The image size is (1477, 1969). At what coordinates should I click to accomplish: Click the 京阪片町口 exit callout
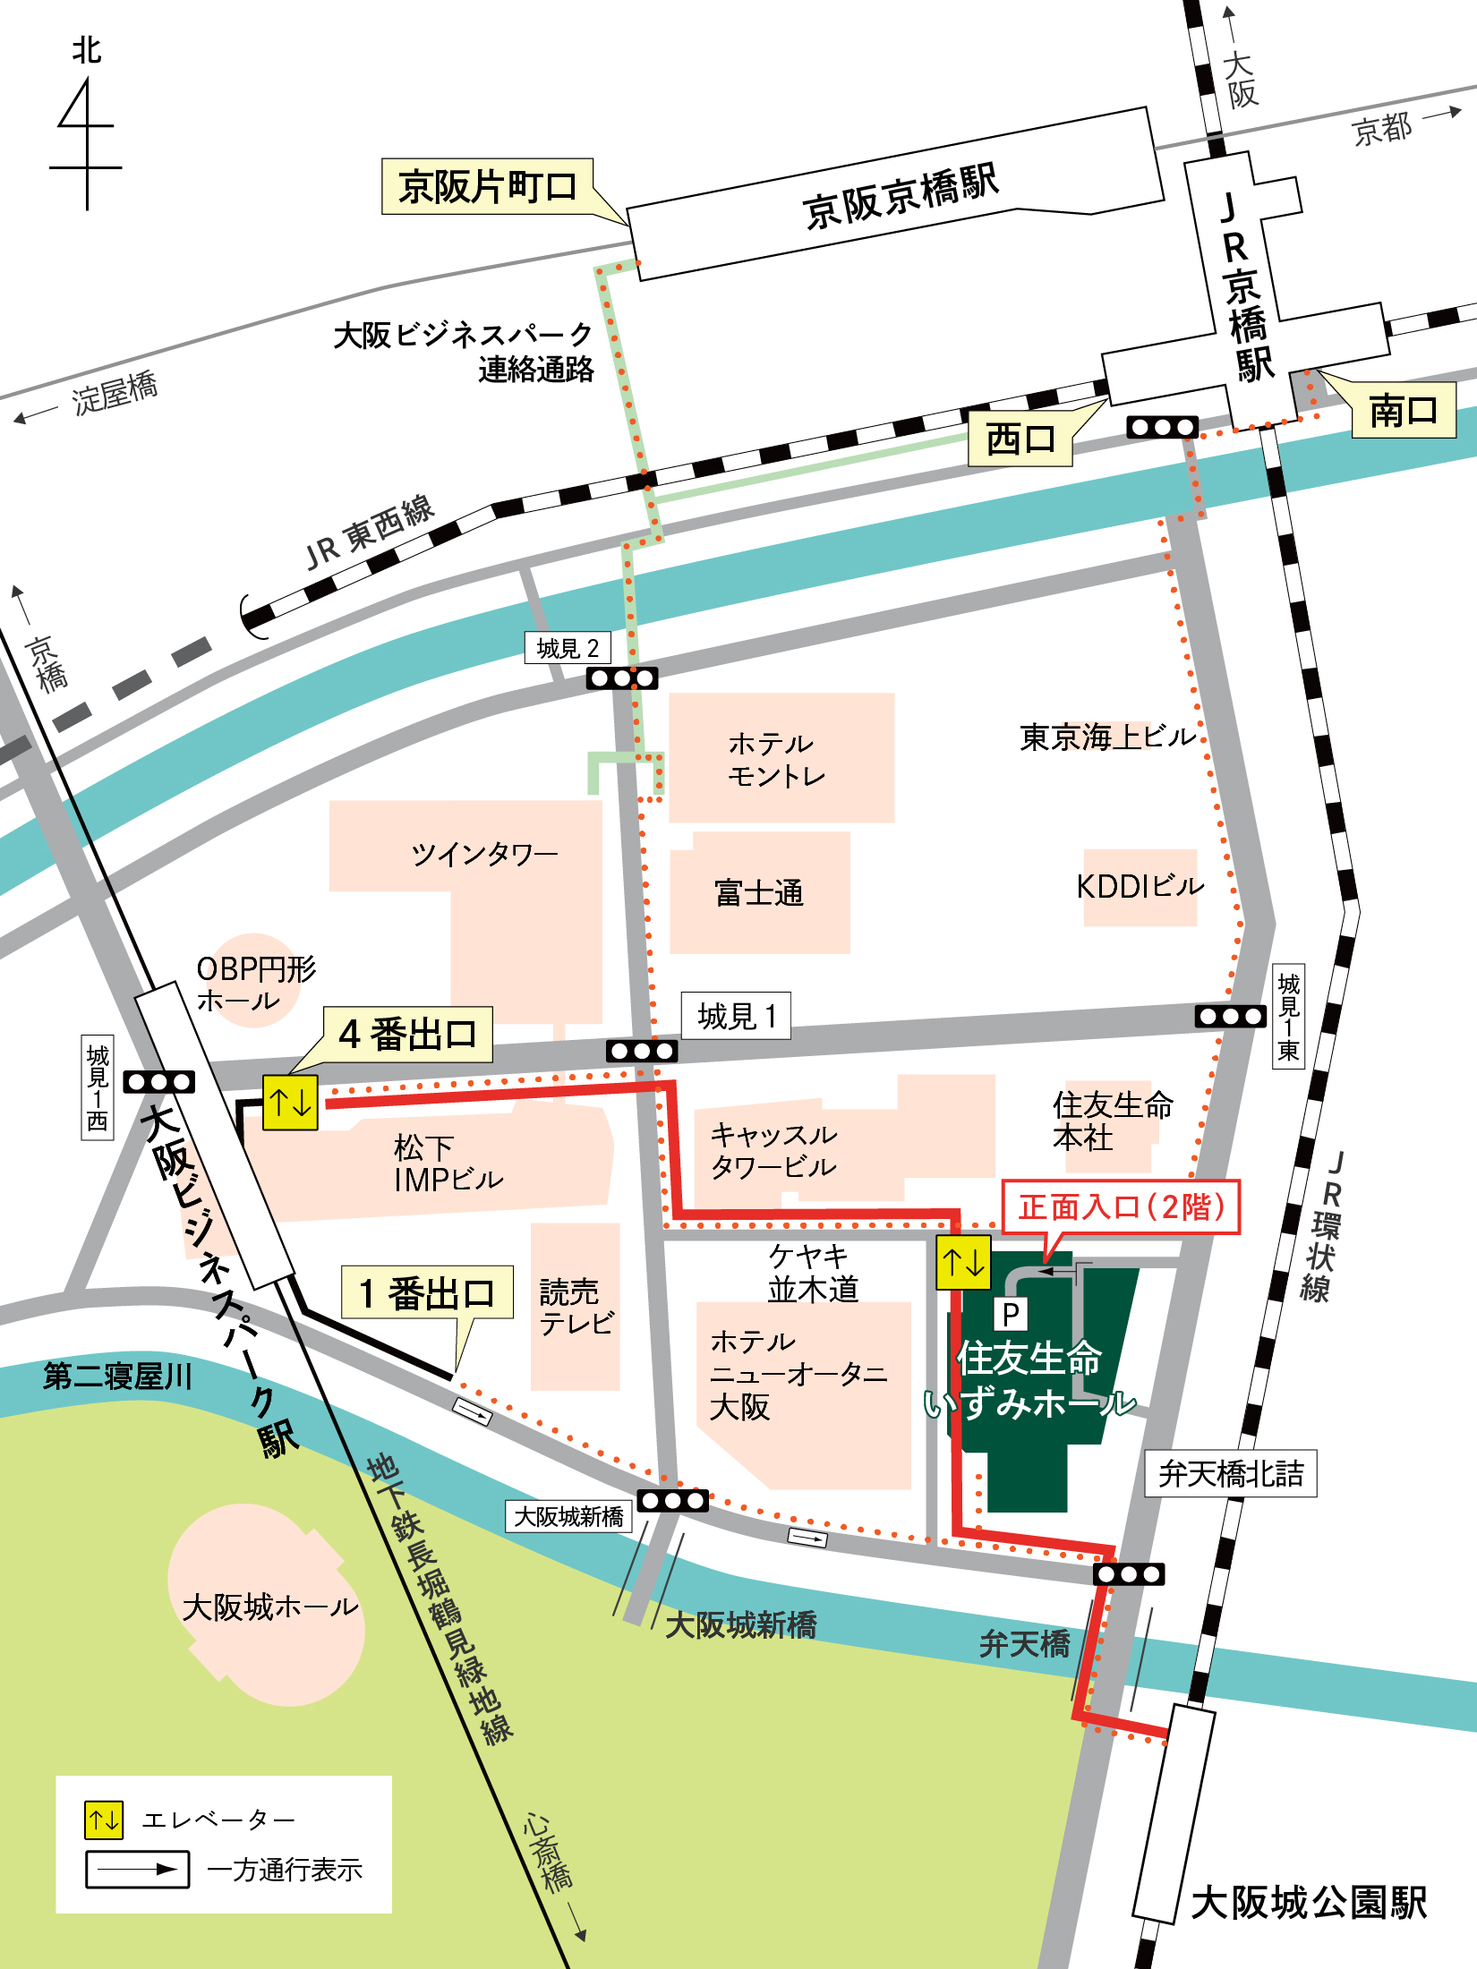coord(487,187)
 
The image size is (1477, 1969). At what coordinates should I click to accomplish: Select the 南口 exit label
coord(1403,411)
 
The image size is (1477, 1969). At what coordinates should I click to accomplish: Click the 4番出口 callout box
coord(407,1035)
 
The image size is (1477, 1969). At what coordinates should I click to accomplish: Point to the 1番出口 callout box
coord(427,1292)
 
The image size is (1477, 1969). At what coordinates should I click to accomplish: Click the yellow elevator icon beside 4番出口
coord(290,1103)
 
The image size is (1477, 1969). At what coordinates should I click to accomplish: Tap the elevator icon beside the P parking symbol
coord(963,1262)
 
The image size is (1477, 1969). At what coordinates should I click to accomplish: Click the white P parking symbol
coord(1011,1314)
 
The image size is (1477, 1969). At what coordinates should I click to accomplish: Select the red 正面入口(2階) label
coord(1121,1207)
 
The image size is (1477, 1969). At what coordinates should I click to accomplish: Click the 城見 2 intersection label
coord(568,648)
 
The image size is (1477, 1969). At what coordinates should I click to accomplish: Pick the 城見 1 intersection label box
coord(736,1016)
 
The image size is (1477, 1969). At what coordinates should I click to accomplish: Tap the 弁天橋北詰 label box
coord(1231,1473)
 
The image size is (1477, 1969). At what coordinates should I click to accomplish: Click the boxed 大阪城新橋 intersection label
coord(568,1516)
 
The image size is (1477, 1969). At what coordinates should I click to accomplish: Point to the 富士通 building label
coord(759,892)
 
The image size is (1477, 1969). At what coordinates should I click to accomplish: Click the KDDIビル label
coord(1140,887)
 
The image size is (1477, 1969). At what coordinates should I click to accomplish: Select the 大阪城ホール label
coord(269,1607)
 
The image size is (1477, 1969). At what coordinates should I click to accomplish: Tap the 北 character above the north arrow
coord(87,50)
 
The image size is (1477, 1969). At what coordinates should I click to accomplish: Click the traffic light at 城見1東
coord(1231,1016)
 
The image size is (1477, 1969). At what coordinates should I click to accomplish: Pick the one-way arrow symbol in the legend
coord(137,1870)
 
